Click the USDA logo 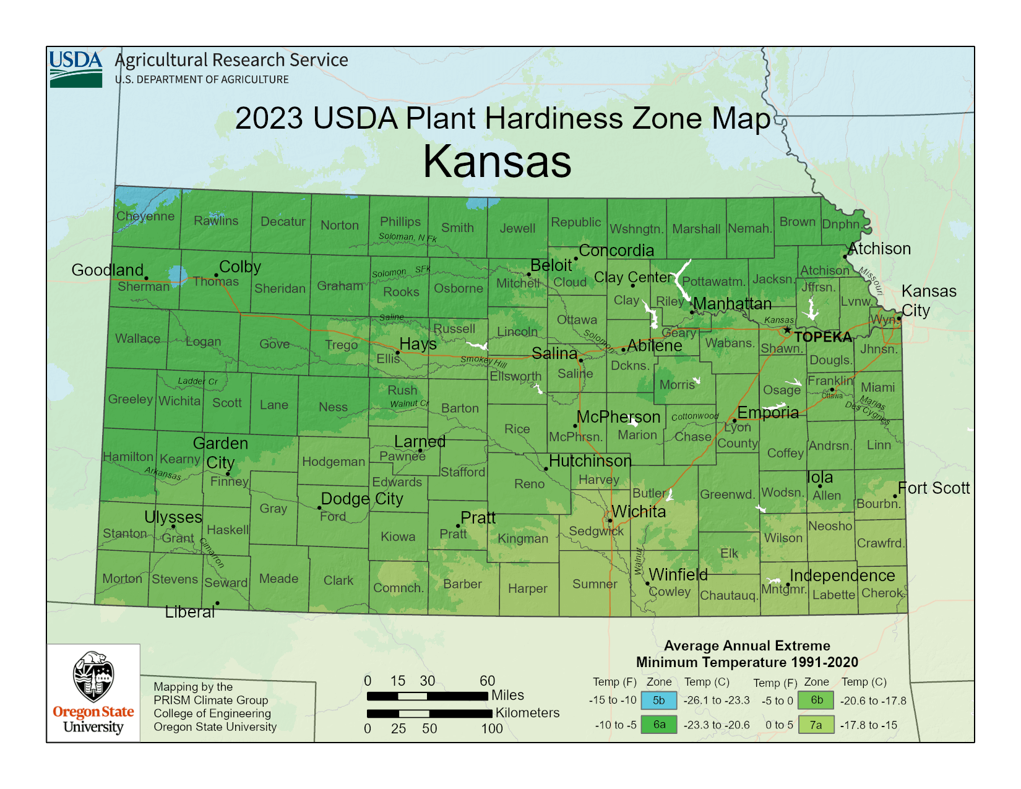click(x=75, y=69)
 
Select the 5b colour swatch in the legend click(x=659, y=701)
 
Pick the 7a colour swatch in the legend click(x=816, y=725)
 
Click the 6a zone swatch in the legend click(x=659, y=725)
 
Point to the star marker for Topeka click(x=787, y=330)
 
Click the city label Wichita click(x=639, y=512)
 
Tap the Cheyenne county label click(x=145, y=216)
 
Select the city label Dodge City click(x=362, y=499)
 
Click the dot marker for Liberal click(x=217, y=603)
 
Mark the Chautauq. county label click(x=728, y=595)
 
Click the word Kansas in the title click(x=497, y=162)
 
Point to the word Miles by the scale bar click(x=507, y=695)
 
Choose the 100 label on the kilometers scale click(x=492, y=728)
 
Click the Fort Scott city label click(x=934, y=488)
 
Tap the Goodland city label click(x=107, y=270)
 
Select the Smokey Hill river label click(x=483, y=361)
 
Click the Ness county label click(x=333, y=407)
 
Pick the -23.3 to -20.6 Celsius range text click(x=716, y=725)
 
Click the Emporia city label click(x=768, y=413)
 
